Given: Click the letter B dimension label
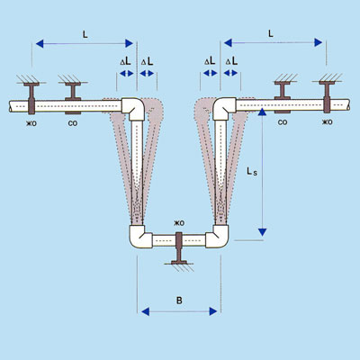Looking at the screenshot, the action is [179, 301].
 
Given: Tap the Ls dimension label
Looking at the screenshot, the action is [252, 172].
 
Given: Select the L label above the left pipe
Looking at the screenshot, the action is [85, 34].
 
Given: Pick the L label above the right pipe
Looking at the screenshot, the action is [271, 33].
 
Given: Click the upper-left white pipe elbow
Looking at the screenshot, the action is [133, 109].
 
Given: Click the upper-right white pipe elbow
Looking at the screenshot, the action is [224, 109].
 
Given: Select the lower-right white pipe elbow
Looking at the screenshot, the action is [217, 237].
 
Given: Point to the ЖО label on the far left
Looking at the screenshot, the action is [31, 123].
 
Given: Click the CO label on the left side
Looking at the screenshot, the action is [73, 123].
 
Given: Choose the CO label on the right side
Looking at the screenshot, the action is [283, 122].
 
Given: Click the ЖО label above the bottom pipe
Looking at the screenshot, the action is [179, 223].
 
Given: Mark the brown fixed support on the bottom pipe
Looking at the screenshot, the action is [179, 247].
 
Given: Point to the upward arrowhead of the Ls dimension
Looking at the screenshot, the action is [262, 112].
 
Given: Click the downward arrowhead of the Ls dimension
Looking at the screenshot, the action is [262, 232].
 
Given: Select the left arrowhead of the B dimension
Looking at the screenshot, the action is [145, 311].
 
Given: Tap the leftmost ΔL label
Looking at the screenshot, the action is [126, 61].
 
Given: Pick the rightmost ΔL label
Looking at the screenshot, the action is [231, 61].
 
